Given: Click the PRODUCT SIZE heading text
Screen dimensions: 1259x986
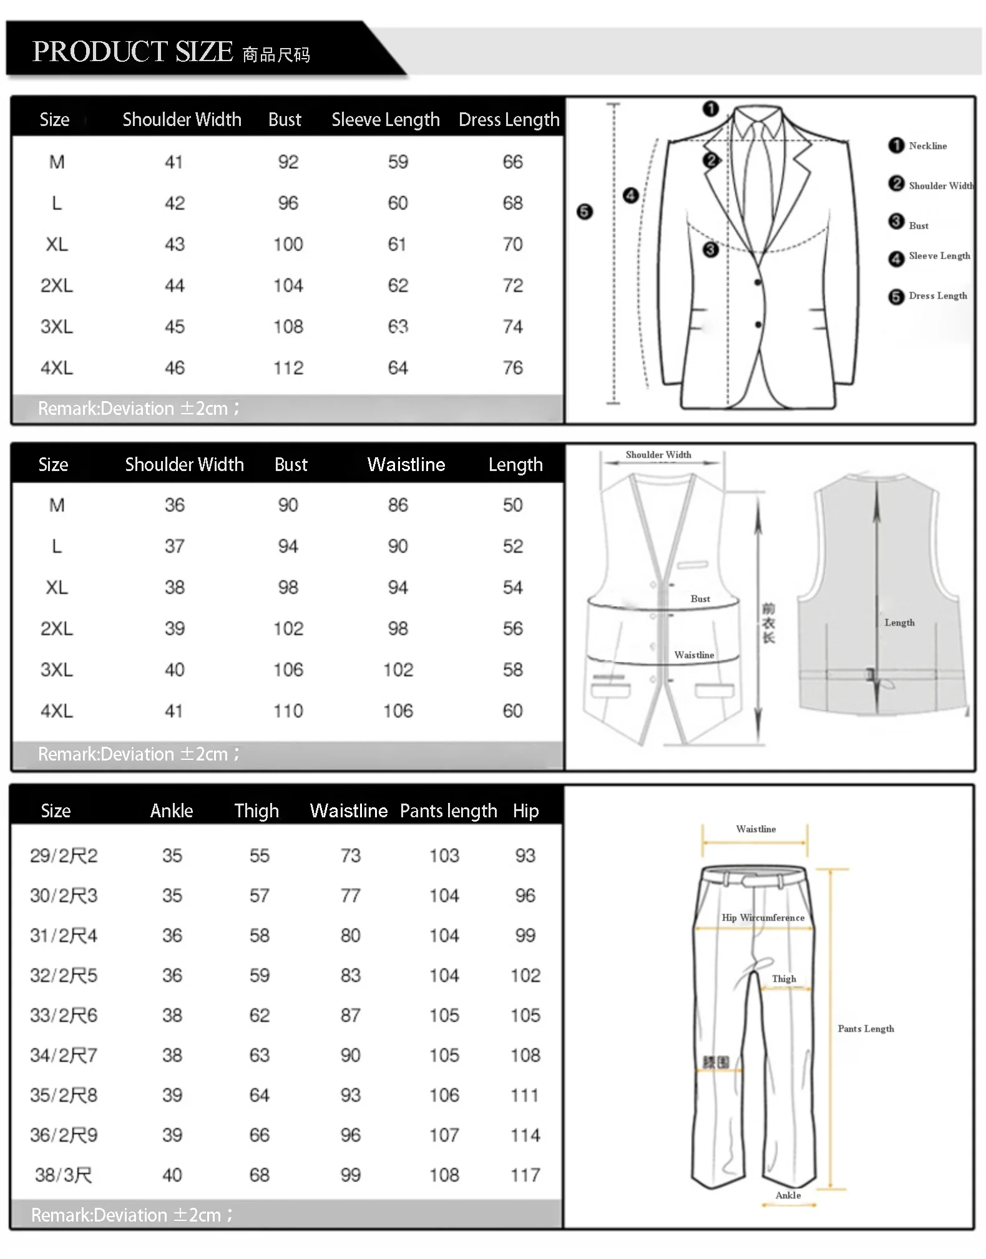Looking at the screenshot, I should pyautogui.click(x=133, y=52).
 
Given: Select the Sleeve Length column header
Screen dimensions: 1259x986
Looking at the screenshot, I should pyautogui.click(x=386, y=119).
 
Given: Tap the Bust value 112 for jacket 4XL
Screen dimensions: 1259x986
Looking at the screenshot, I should pyautogui.click(x=288, y=367).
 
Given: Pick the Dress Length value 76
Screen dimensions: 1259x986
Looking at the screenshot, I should pyautogui.click(x=512, y=367).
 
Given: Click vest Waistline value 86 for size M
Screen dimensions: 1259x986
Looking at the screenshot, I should pyautogui.click(x=398, y=505).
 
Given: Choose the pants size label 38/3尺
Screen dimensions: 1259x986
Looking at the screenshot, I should pyautogui.click(x=64, y=1175).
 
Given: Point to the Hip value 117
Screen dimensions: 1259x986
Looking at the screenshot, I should pyautogui.click(x=525, y=1175).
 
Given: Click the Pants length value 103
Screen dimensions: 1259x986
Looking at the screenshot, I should pyautogui.click(x=444, y=855).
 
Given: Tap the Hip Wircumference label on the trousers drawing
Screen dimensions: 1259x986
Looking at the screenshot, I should pyautogui.click(x=763, y=918).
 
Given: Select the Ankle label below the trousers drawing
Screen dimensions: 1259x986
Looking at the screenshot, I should pyautogui.click(x=788, y=1195).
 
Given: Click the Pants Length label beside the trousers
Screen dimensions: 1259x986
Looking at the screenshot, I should pyautogui.click(x=866, y=1029).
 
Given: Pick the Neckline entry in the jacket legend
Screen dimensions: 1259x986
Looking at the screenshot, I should pyautogui.click(x=927, y=146).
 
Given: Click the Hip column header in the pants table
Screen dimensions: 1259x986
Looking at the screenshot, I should pyautogui.click(x=525, y=810).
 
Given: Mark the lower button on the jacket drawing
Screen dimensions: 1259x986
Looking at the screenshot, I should pyautogui.click(x=758, y=324).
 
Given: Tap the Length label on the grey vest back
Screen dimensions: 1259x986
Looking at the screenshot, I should pyautogui.click(x=899, y=623).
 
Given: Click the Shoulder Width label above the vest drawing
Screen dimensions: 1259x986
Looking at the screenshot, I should pyautogui.click(x=658, y=455).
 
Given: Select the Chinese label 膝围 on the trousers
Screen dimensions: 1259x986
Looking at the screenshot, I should pyautogui.click(x=716, y=1062).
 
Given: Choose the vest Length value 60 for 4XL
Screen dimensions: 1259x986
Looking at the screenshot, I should pyautogui.click(x=512, y=711).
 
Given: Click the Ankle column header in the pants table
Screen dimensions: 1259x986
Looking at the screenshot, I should pyautogui.click(x=172, y=810).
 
